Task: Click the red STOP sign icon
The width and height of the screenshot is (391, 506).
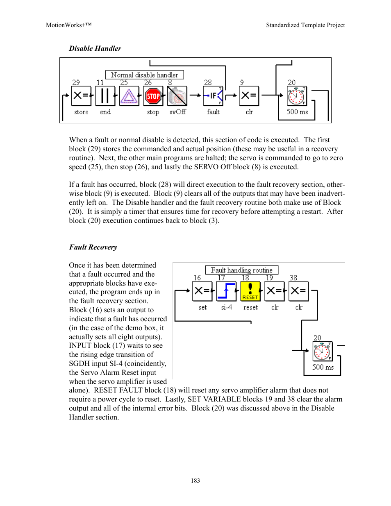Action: pyautogui.click(x=153, y=96)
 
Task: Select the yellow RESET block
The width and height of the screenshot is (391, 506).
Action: pyautogui.click(x=250, y=291)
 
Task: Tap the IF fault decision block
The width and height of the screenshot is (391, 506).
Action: pyautogui.click(x=213, y=96)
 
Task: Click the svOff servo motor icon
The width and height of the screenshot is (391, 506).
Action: pyautogui.click(x=177, y=96)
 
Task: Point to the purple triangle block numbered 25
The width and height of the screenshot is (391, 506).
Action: pyautogui.click(x=129, y=96)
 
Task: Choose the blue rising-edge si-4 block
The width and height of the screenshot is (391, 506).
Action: pyautogui.click(x=226, y=291)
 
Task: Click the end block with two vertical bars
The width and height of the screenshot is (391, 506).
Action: pyautogui.click(x=105, y=96)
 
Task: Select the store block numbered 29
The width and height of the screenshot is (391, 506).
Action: pyautogui.click(x=81, y=96)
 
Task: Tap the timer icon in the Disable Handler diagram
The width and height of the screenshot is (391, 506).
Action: pyautogui.click(x=297, y=96)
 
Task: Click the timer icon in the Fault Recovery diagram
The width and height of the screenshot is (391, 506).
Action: pyautogui.click(x=322, y=351)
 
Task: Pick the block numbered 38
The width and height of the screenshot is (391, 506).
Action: pyautogui.click(x=298, y=291)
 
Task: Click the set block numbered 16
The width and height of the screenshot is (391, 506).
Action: pyautogui.click(x=202, y=291)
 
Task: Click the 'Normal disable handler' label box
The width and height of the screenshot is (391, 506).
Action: pyautogui.click(x=145, y=75)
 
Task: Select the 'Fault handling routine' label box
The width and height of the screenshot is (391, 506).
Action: pyautogui.click(x=242, y=270)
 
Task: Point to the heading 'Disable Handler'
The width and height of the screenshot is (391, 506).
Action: pyautogui.click(x=95, y=48)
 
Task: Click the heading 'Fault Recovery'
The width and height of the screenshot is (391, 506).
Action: pyautogui.click(x=93, y=247)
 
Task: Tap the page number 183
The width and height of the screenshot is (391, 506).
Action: pyautogui.click(x=195, y=480)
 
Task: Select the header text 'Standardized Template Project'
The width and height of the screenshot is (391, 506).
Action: pyautogui.click(x=305, y=25)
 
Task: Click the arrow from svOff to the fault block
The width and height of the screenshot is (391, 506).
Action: pyautogui.click(x=195, y=95)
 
